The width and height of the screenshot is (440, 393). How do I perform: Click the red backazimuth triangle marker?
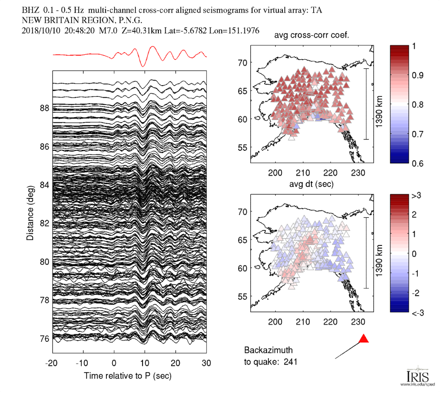(x=363, y=339)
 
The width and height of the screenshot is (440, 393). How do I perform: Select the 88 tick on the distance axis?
(x=44, y=108)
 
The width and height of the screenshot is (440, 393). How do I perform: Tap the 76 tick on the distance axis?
(x=44, y=338)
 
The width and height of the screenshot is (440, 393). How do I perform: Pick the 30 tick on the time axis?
(x=206, y=363)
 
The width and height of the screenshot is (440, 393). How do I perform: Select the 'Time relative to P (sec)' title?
(x=127, y=376)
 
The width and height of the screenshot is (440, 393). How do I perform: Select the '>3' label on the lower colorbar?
(x=416, y=195)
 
